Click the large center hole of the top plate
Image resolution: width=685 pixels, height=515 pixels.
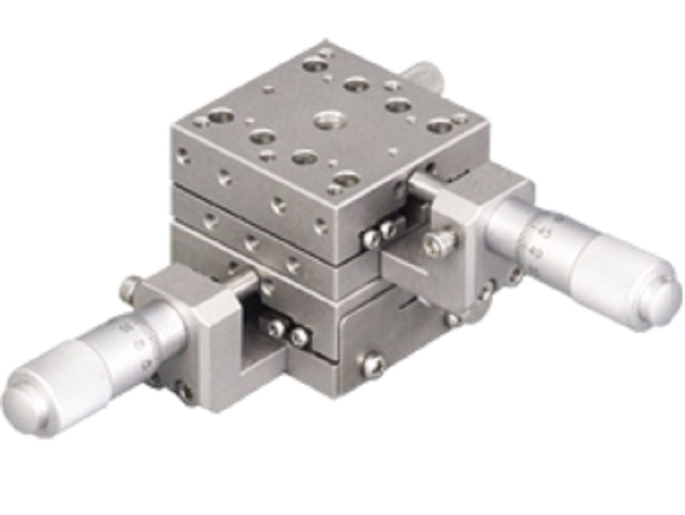327,121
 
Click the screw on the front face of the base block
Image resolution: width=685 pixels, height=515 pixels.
373,364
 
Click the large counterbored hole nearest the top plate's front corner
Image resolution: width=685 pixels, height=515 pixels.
346,179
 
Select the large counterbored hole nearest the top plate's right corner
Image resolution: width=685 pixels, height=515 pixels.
440,125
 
